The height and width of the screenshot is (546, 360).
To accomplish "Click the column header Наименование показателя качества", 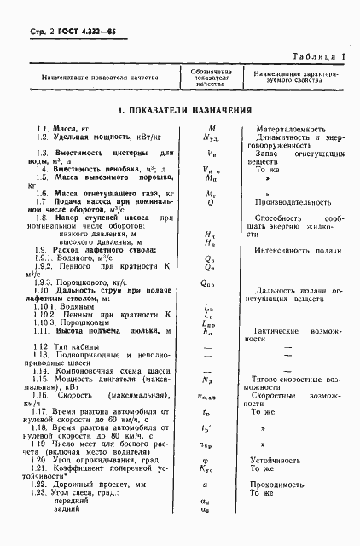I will [x=94, y=75].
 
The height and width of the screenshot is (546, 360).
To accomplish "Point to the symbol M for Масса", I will [x=210, y=128].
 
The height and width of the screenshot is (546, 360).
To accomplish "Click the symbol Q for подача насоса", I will [x=210, y=203].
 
